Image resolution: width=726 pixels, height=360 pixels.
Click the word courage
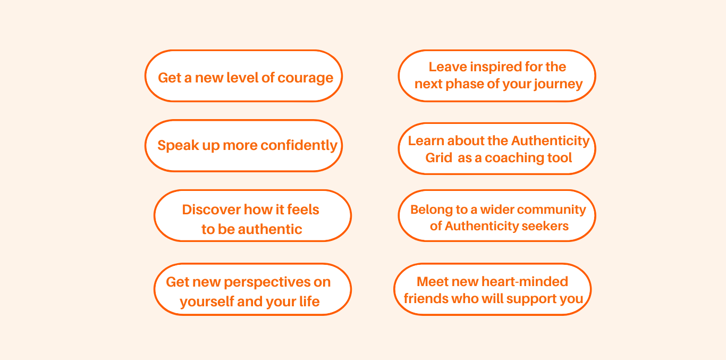point(305,78)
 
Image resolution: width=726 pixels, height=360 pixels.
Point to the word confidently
point(299,146)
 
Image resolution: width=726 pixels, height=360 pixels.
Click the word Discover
point(211,210)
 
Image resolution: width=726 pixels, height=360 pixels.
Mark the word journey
point(558,85)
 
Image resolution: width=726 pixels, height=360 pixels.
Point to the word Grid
point(438,157)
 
